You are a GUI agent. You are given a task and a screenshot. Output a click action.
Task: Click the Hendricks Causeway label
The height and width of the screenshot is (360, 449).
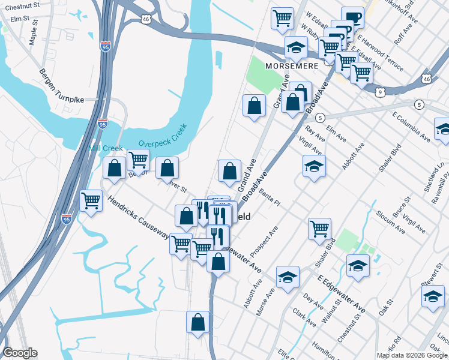(x=139, y=217)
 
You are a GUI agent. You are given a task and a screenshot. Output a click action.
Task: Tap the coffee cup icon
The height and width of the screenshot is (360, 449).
(x=352, y=17)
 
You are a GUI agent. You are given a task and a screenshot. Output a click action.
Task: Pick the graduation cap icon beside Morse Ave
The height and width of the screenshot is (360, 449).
(x=288, y=277)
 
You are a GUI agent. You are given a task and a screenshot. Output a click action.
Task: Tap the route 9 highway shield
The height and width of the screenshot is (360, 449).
(x=381, y=92)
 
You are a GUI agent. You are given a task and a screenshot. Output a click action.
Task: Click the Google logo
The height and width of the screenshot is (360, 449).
(x=20, y=353)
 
